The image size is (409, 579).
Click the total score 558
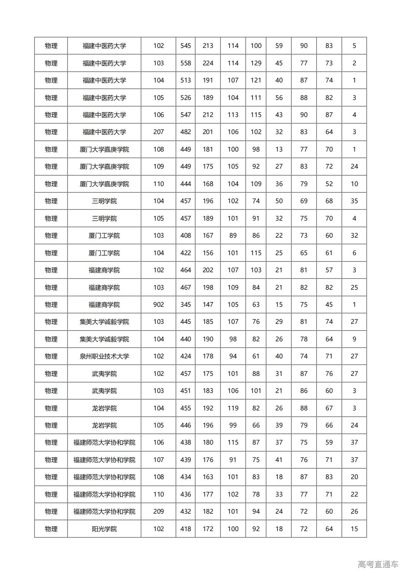coord(186,63)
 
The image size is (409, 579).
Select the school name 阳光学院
coord(104,529)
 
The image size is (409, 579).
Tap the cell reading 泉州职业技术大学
coord(104,356)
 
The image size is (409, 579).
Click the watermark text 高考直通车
coord(378,565)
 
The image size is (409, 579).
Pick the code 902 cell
coord(158,305)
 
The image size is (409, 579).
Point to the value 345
coord(186,305)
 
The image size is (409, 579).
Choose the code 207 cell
coord(158,132)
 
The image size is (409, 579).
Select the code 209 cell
coord(158,511)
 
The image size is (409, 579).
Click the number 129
coord(256,63)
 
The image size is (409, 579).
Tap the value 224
coord(208,63)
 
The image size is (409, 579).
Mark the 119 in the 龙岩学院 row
coord(233,408)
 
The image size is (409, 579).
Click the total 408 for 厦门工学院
coord(186,235)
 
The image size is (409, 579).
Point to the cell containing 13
coord(279,149)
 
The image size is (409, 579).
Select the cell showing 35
coord(354,201)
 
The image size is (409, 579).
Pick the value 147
coord(208,305)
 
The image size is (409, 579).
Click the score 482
coord(186,132)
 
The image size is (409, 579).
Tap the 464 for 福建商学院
coord(186,270)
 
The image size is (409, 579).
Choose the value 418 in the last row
coord(186,529)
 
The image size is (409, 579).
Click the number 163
coord(208,477)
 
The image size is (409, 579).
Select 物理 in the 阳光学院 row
coord(51,529)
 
